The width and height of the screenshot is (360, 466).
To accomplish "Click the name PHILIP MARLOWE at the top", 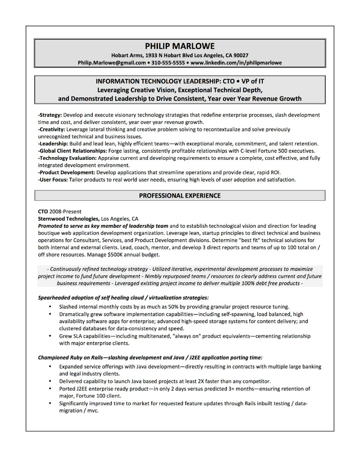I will click(180, 45).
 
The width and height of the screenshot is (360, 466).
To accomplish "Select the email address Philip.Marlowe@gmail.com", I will click(112, 63).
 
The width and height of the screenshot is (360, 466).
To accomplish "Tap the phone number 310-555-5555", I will click(168, 63).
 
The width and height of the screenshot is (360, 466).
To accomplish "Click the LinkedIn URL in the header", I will click(236, 63).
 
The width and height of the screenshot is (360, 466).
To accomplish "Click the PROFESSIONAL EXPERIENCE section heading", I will click(180, 196).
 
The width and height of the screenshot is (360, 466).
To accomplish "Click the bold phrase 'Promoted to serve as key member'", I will click(103, 226).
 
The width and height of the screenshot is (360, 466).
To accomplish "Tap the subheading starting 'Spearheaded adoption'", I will click(123, 298).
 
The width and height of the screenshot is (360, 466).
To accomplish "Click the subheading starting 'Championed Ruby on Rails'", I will click(150, 357).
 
